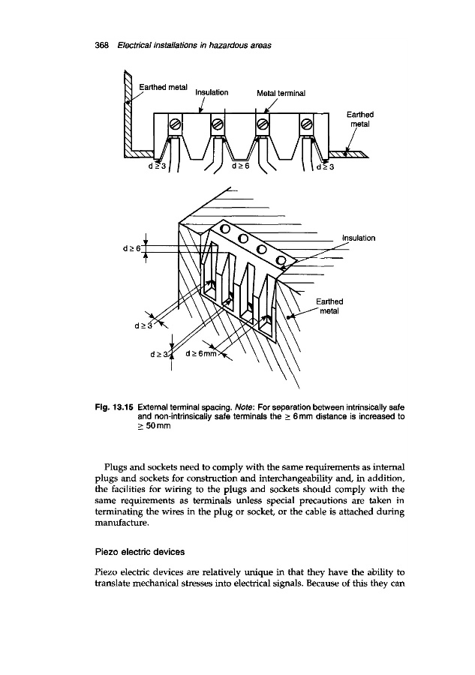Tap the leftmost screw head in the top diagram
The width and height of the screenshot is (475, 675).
click(x=173, y=124)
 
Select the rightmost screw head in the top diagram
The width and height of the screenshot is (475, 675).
click(x=306, y=124)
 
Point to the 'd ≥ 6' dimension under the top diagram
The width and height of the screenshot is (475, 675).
click(x=242, y=166)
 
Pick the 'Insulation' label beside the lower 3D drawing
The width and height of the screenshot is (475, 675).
click(x=358, y=238)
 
